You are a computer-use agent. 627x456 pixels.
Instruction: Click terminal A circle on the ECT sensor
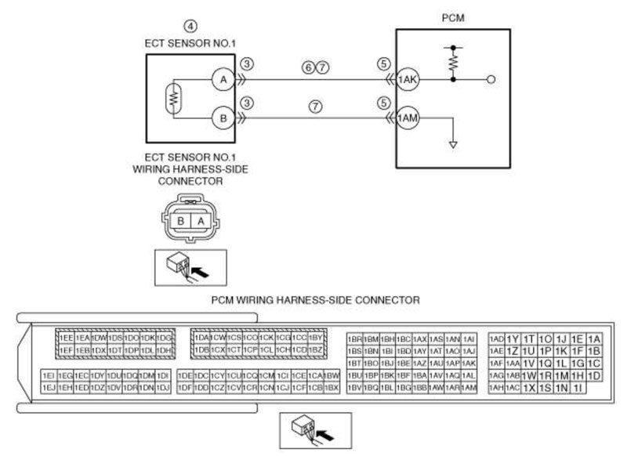(223, 79)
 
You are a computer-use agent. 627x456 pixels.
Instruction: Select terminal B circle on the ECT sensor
(223, 118)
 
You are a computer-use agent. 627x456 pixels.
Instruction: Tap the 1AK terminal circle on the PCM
(407, 79)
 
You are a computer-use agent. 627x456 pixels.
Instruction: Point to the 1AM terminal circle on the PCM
(407, 118)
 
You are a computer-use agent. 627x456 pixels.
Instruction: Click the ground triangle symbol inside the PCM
(451, 145)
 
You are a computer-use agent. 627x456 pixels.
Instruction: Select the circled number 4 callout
(189, 25)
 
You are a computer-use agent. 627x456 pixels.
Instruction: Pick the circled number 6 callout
(308, 67)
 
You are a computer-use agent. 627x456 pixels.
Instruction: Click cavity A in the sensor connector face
(198, 222)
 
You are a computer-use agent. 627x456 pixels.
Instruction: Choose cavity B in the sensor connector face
(181, 222)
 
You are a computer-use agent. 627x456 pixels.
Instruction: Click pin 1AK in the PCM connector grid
(469, 363)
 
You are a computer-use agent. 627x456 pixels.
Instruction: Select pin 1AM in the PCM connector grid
(469, 388)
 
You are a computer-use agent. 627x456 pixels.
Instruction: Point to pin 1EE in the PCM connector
(67, 338)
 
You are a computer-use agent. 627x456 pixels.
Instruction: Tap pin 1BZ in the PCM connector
(316, 349)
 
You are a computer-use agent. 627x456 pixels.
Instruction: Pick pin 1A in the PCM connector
(593, 338)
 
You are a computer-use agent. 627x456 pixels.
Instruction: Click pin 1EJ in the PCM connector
(49, 387)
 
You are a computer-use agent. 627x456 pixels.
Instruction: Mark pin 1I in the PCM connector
(578, 388)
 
